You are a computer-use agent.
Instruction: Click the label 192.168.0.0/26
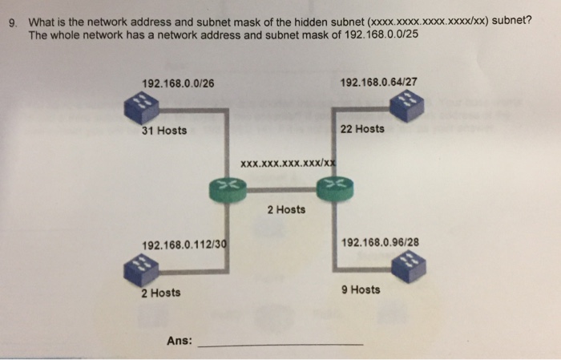tap(177, 83)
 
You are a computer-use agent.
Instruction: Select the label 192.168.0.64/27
tap(378, 83)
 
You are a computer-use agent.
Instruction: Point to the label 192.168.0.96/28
tap(380, 241)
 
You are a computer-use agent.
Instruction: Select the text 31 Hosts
tap(164, 131)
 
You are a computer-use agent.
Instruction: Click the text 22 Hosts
tap(362, 128)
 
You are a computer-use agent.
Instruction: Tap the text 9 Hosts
tap(360, 289)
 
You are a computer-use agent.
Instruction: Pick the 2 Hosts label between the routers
tap(286, 209)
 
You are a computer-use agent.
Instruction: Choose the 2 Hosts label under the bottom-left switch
tap(160, 293)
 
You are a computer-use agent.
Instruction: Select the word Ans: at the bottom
tap(179, 340)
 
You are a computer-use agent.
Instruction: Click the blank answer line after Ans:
tap(280, 343)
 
